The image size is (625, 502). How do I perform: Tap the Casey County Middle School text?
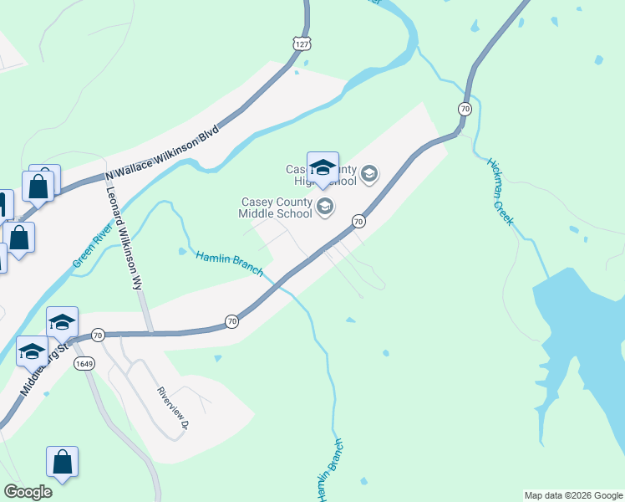[276, 207]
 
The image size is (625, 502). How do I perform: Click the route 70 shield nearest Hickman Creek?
[465, 109]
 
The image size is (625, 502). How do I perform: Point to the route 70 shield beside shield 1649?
[98, 335]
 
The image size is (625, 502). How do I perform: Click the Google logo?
[28, 492]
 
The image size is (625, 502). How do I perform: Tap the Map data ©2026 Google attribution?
[573, 495]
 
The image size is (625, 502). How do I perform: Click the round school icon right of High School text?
[368, 175]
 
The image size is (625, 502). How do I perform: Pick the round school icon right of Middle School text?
[324, 207]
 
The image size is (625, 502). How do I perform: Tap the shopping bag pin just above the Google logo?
[62, 461]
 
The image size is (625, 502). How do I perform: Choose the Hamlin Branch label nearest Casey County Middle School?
[229, 264]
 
